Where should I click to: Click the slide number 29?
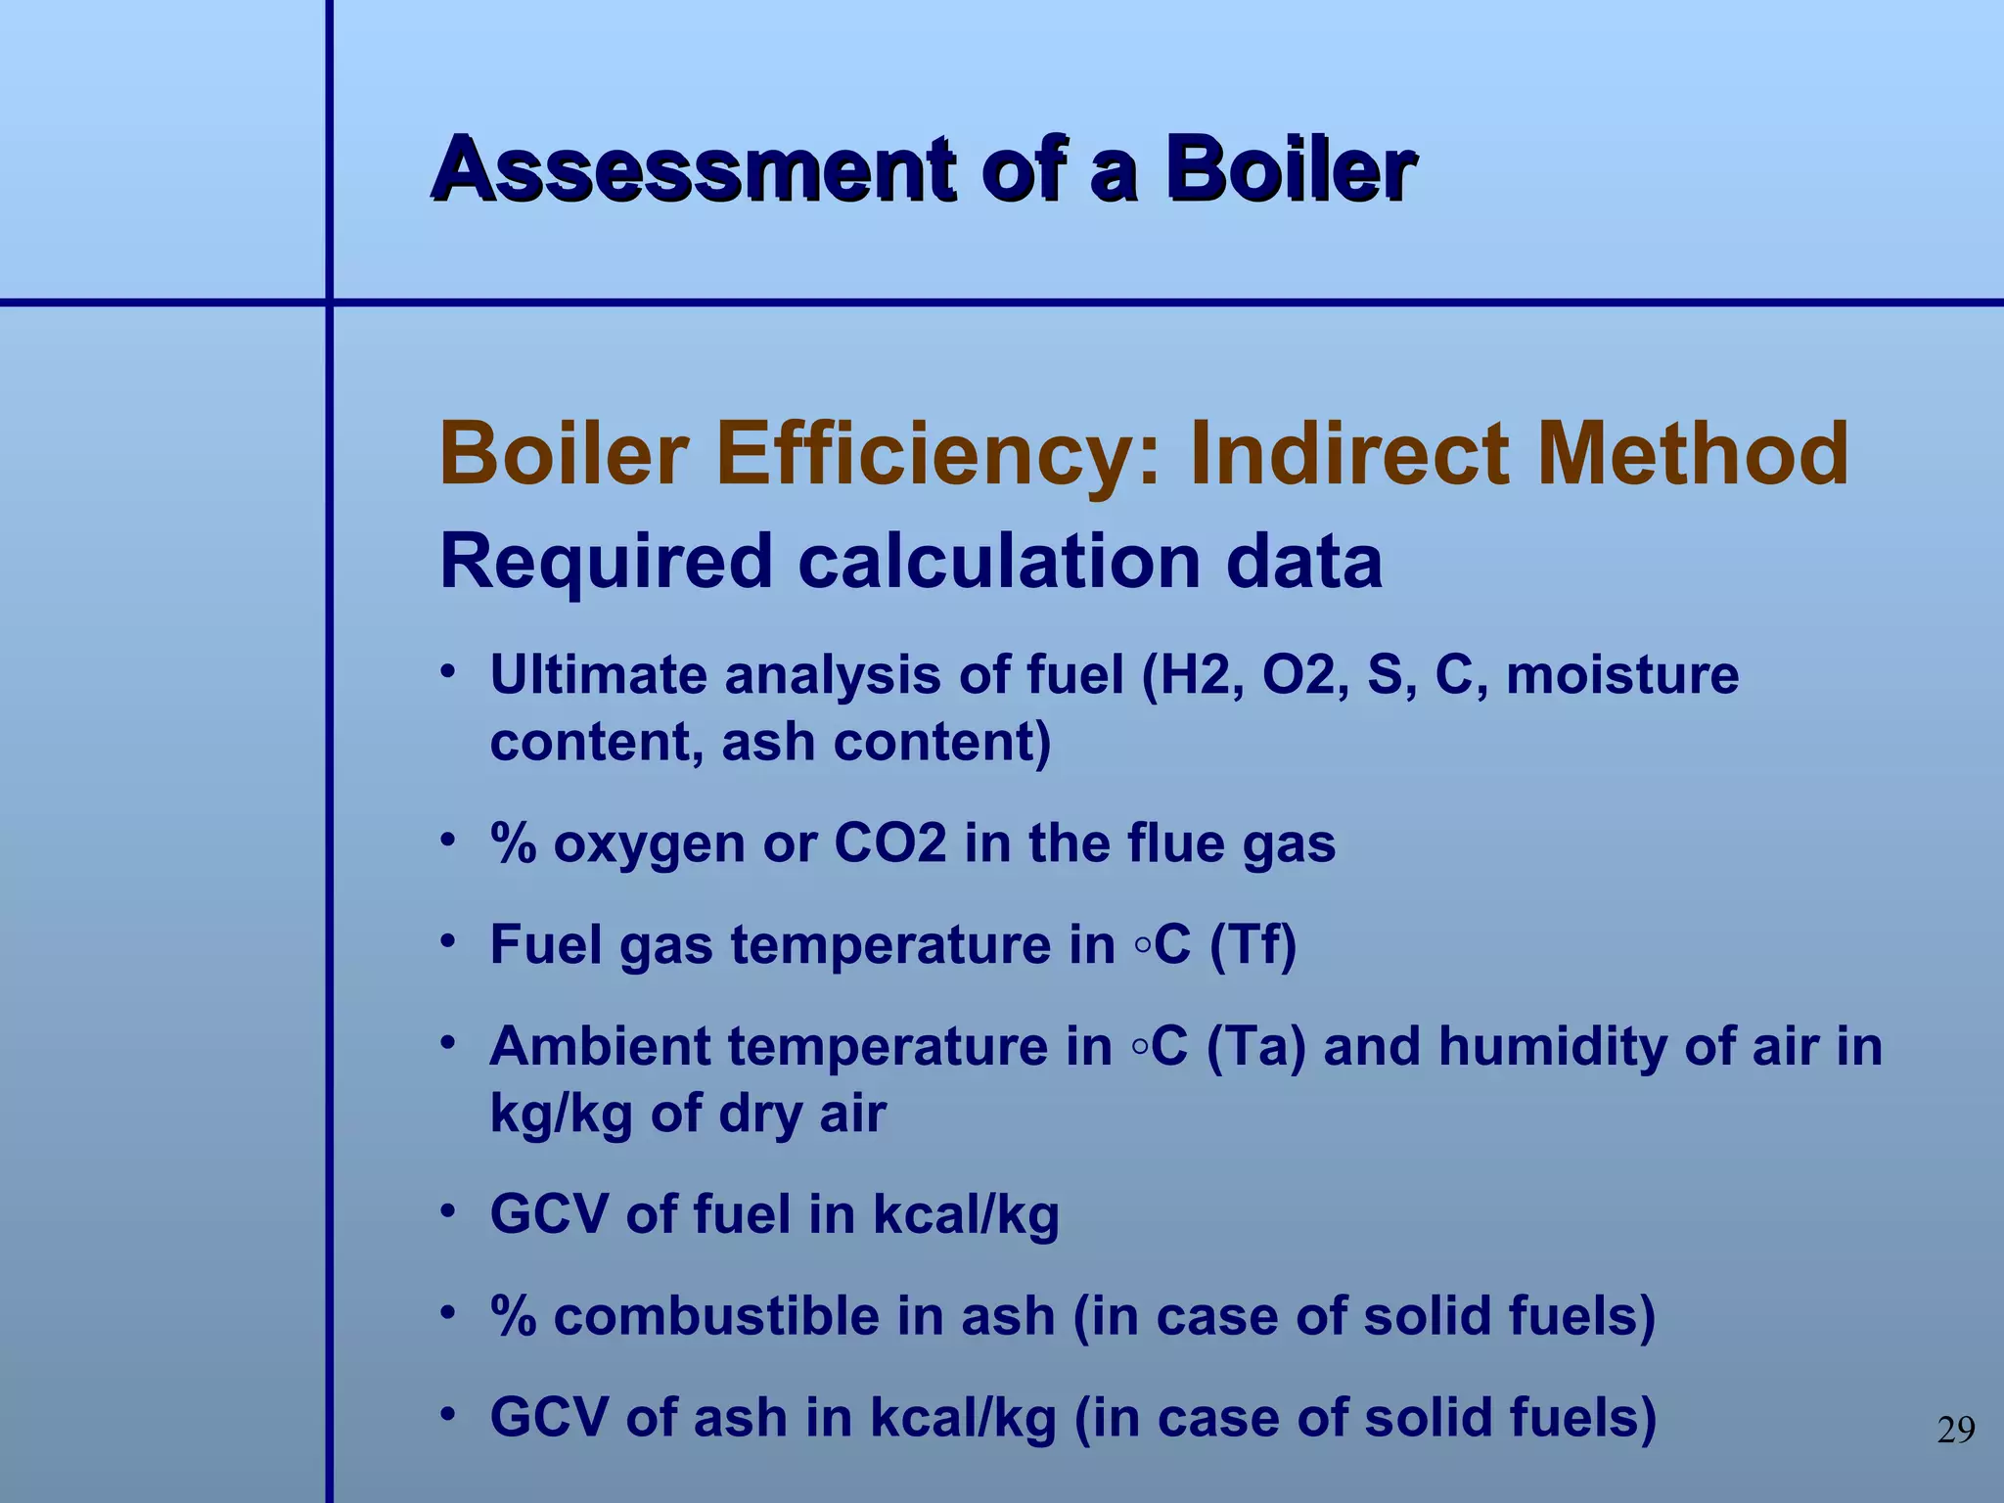[1956, 1431]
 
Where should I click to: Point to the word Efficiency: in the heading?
[938, 455]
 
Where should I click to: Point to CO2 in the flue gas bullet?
[890, 843]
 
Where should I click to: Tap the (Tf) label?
[1252, 945]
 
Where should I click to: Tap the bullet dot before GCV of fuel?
[448, 1212]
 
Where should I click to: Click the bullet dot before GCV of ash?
[448, 1415]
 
